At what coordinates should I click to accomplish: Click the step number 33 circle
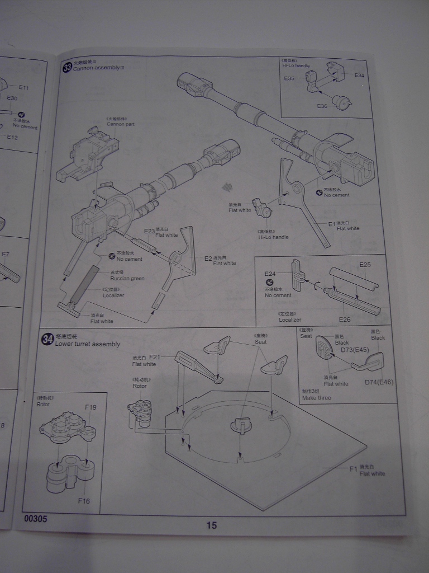click(x=68, y=68)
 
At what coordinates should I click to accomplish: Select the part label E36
click(x=322, y=106)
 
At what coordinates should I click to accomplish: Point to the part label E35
click(x=289, y=78)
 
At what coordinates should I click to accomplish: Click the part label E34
click(x=359, y=75)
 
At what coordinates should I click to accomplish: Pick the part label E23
click(x=149, y=231)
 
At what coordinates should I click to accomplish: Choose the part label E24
click(x=270, y=274)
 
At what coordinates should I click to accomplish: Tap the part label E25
click(x=365, y=264)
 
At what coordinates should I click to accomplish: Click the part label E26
click(x=344, y=319)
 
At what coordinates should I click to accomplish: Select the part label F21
click(x=155, y=357)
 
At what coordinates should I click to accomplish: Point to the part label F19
click(x=90, y=407)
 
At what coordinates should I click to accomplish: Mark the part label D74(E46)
click(x=378, y=382)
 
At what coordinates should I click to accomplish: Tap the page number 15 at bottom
click(x=211, y=525)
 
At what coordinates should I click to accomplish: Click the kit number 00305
click(x=36, y=519)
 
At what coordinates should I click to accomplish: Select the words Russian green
click(x=127, y=278)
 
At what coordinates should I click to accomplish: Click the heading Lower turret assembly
click(x=88, y=344)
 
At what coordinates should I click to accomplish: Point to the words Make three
click(x=316, y=398)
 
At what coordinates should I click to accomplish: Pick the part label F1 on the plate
click(x=353, y=469)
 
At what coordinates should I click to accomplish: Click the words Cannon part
click(x=121, y=124)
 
